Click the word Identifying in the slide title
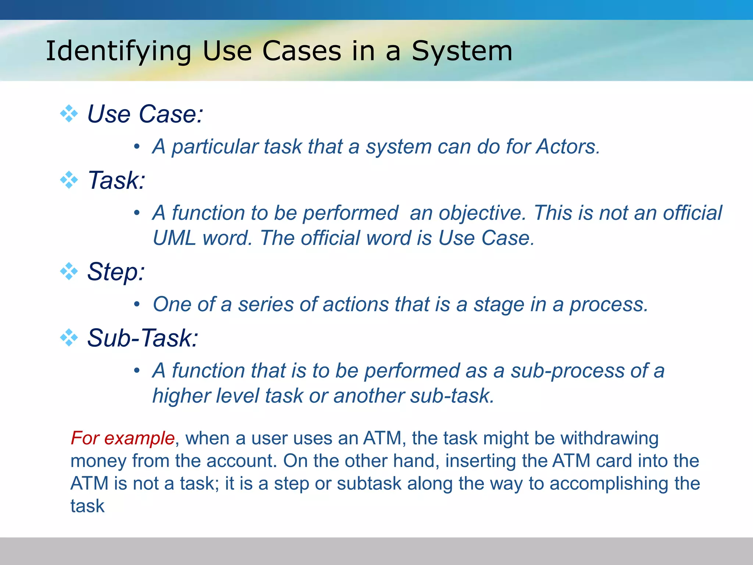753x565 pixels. pos(118,51)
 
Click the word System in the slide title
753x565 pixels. pos(462,51)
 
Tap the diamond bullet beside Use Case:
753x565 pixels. pos(69,113)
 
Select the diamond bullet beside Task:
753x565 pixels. pos(69,180)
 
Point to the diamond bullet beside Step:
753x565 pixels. pos(69,271)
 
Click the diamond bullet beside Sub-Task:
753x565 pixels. pos(69,337)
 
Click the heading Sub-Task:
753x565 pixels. pos(143,338)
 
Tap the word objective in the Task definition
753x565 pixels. pos(467,213)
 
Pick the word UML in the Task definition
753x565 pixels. pos(174,238)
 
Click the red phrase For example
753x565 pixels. pos(122,438)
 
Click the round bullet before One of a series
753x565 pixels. pos(137,305)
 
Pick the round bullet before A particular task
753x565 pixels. pos(137,147)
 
